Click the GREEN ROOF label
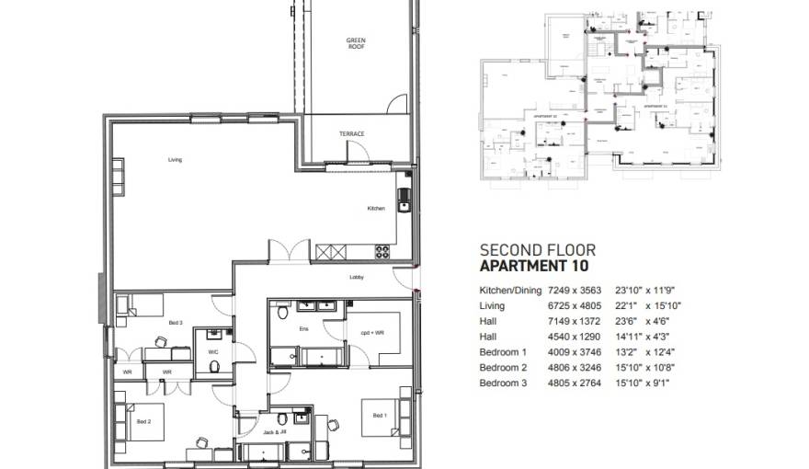click(x=356, y=43)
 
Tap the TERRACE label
click(x=351, y=134)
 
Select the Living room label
click(x=175, y=160)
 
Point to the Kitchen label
click(x=376, y=209)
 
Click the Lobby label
click(x=356, y=277)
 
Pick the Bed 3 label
click(x=175, y=323)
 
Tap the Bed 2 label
click(x=143, y=421)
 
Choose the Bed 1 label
click(x=379, y=416)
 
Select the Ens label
click(x=303, y=328)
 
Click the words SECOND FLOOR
click(x=538, y=250)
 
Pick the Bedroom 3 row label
click(x=505, y=383)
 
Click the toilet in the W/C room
click(x=213, y=366)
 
